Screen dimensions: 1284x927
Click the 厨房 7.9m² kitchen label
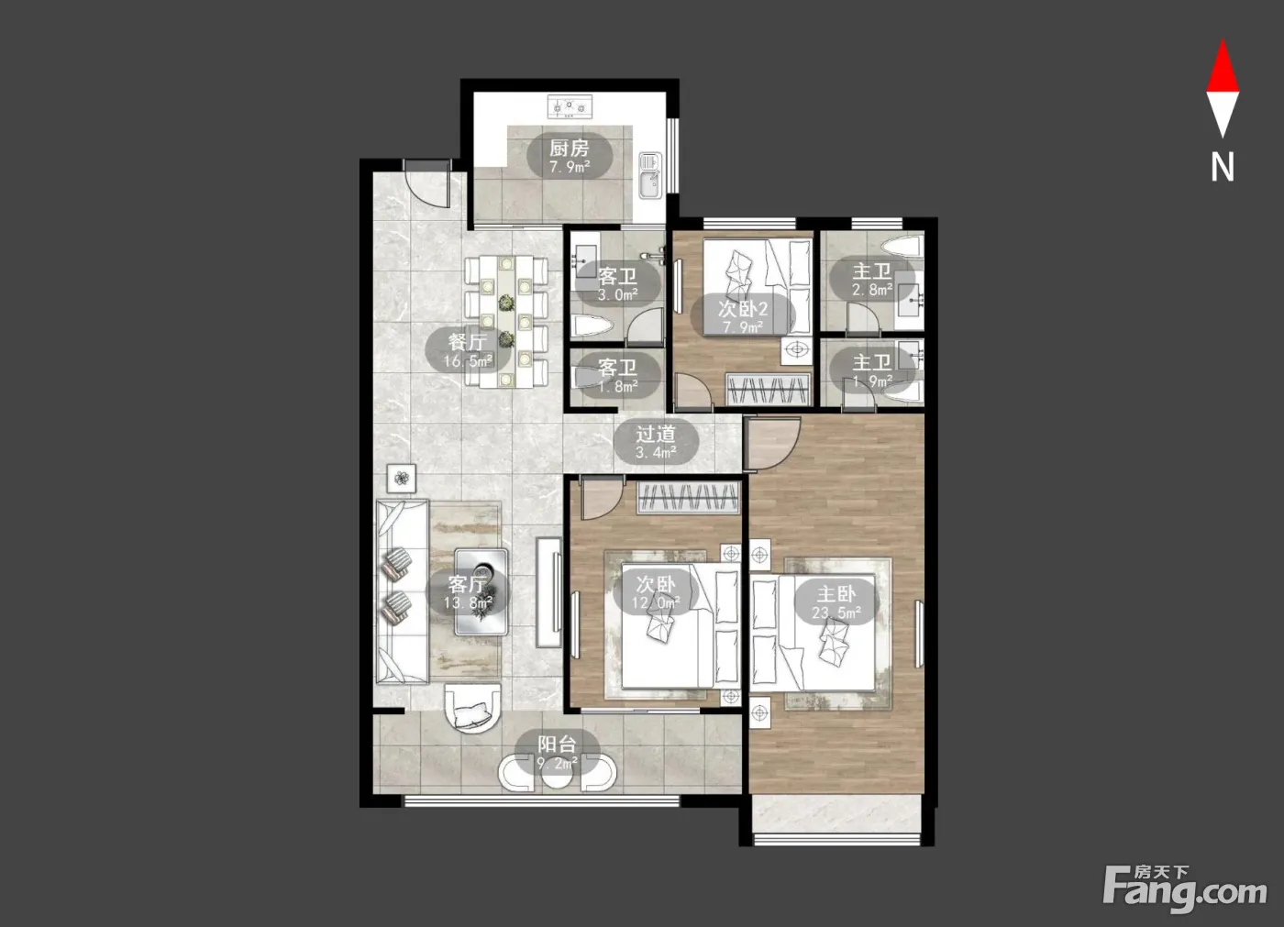pyautogui.click(x=570, y=156)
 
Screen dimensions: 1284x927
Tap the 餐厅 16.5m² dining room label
pyautogui.click(x=468, y=350)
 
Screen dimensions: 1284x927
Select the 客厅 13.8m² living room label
pyautogui.click(x=469, y=593)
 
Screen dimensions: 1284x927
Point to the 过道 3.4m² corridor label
pyautogui.click(x=656, y=442)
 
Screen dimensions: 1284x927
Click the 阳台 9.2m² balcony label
pyautogui.click(x=558, y=753)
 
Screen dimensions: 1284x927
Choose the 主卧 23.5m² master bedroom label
pyautogui.click(x=836, y=602)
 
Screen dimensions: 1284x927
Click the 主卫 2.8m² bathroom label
pyautogui.click(x=872, y=280)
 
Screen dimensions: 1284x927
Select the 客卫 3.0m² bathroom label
pyautogui.click(x=618, y=285)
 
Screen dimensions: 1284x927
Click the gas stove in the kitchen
pyautogui.click(x=570, y=107)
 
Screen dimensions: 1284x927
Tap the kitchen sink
pyautogui.click(x=650, y=175)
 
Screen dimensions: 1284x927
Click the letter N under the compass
pyautogui.click(x=1222, y=167)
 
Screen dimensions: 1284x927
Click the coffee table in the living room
pyautogui.click(x=481, y=591)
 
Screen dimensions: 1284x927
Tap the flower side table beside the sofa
pyautogui.click(x=402, y=478)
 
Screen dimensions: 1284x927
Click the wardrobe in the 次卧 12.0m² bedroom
pyautogui.click(x=689, y=497)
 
